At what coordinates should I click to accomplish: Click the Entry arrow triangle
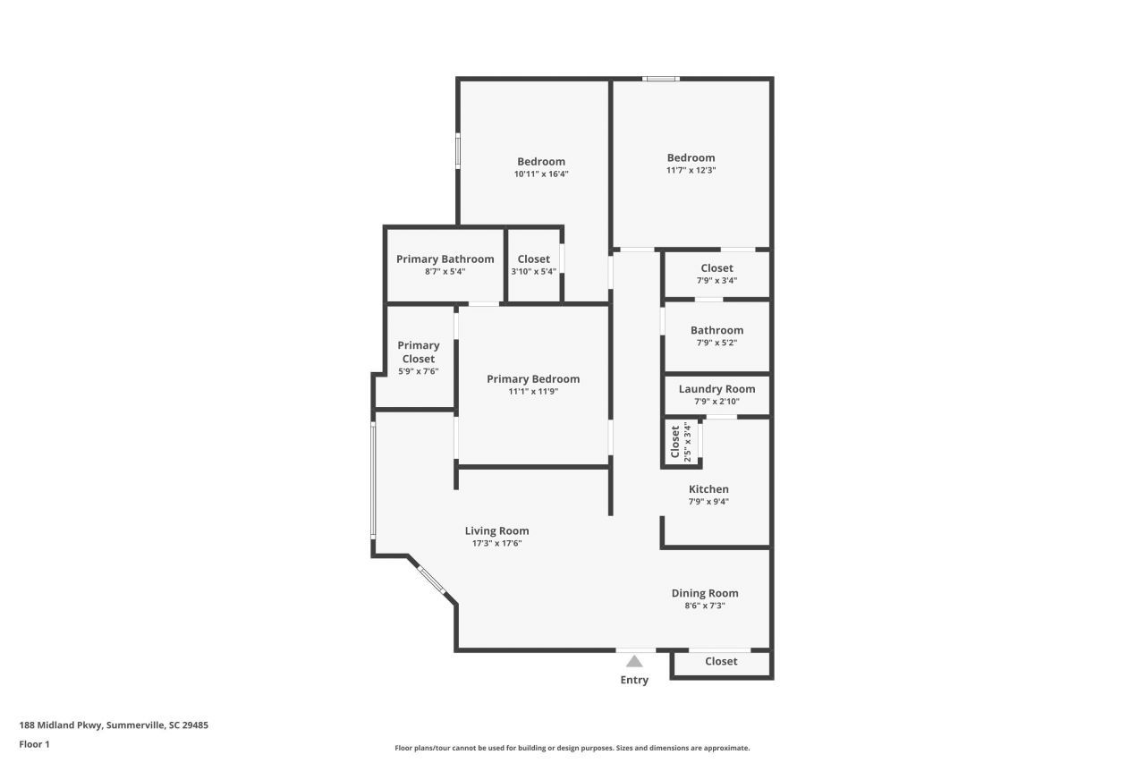634,662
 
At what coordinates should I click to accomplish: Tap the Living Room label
496,530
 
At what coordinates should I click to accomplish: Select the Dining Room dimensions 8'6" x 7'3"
704,606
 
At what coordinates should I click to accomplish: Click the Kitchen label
708,489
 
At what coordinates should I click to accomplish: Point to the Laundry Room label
717,389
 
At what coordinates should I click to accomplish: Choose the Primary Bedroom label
533,379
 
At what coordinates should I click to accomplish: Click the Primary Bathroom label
445,259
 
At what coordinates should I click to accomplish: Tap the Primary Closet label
419,352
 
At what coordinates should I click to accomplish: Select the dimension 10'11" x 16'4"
541,174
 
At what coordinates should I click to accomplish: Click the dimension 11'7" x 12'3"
691,170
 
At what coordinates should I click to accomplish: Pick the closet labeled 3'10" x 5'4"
534,259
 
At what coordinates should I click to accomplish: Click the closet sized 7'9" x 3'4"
717,268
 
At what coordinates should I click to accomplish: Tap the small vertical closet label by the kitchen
675,441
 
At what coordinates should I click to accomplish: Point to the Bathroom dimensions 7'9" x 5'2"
717,343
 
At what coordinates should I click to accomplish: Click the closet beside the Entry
721,662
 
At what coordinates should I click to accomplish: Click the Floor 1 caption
34,744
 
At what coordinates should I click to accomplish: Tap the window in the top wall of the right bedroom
661,79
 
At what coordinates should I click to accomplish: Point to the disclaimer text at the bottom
572,748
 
